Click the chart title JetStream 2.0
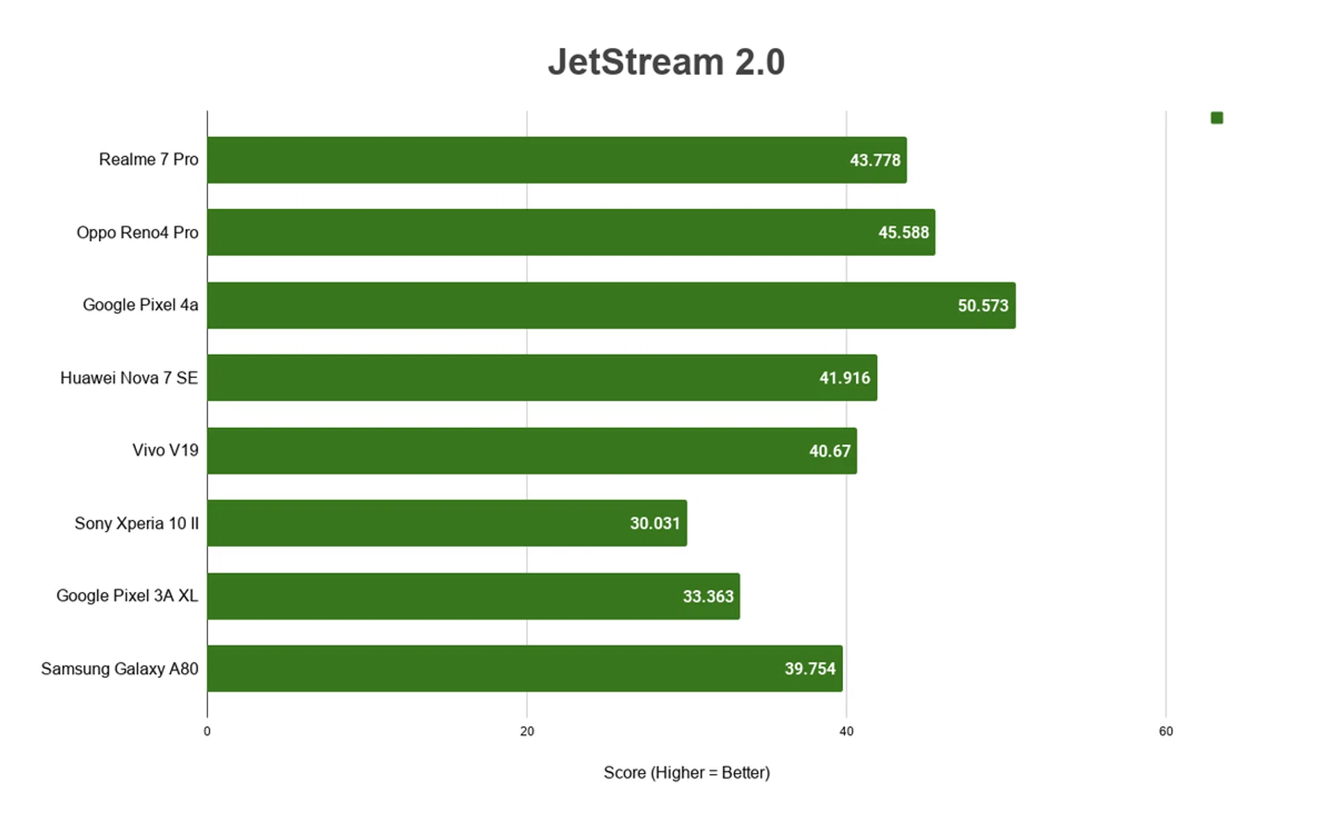[x=666, y=62]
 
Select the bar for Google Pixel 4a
[x=610, y=305]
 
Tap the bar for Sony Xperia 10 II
[x=447, y=523]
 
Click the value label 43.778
[x=875, y=160]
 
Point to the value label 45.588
[x=903, y=232]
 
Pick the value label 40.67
[x=829, y=451]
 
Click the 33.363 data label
[x=708, y=596]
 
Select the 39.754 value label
[x=810, y=669]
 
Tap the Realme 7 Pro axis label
[x=148, y=160]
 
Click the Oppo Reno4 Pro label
[x=137, y=232]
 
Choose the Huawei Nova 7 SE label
[x=129, y=378]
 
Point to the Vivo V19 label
[x=165, y=450]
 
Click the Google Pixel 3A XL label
[x=127, y=596]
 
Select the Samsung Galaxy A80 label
[x=119, y=669]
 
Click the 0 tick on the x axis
[x=207, y=731]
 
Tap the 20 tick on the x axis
[x=527, y=731]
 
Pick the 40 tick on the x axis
[x=846, y=731]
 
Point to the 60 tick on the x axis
[x=1165, y=731]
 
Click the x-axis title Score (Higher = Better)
[x=686, y=773]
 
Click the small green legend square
[x=1217, y=118]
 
